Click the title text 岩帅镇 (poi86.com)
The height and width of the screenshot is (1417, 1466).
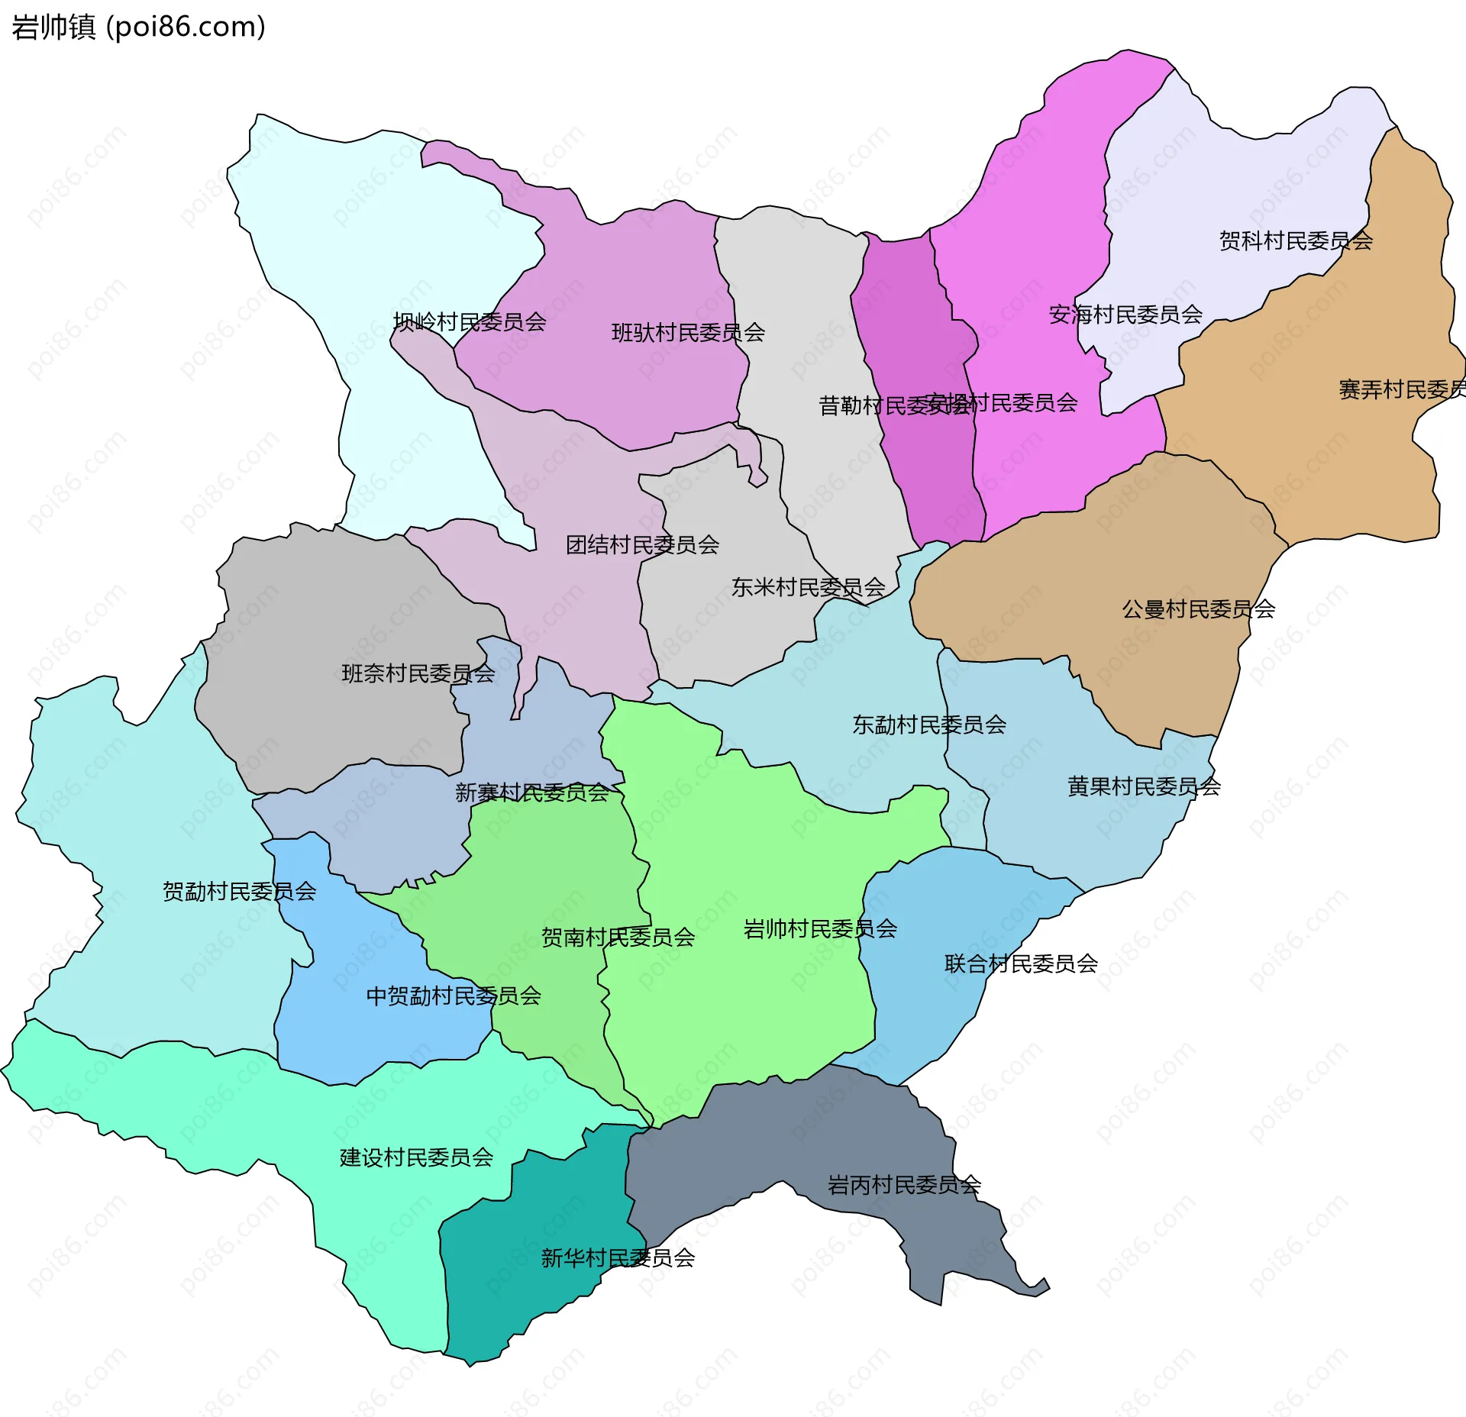click(138, 27)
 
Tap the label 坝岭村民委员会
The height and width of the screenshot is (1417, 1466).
click(470, 322)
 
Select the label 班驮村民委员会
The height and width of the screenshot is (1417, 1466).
click(688, 333)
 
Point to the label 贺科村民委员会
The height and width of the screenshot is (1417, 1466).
click(1296, 241)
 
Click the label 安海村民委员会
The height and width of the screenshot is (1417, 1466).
click(1125, 315)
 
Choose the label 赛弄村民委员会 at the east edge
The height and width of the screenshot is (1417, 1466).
click(1401, 390)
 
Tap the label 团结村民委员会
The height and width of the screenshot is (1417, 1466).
click(642, 545)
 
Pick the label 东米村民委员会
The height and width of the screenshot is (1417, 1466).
click(808, 587)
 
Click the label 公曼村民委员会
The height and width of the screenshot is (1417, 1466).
click(1198, 609)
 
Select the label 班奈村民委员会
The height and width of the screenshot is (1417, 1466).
click(418, 673)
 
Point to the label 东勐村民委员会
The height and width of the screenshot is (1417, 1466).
click(928, 725)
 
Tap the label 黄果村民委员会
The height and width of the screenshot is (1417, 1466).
click(1144, 786)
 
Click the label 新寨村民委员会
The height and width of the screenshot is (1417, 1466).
click(532, 792)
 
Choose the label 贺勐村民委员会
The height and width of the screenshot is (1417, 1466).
click(239, 891)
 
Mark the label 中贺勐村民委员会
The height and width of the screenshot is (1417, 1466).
click(454, 996)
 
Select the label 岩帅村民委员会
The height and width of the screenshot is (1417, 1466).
click(820, 929)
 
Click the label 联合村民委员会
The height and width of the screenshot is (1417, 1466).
click(1021, 963)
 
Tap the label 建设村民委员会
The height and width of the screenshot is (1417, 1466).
click(416, 1157)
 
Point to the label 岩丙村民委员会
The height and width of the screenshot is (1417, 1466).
click(904, 1185)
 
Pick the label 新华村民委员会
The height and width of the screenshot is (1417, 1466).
click(618, 1257)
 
